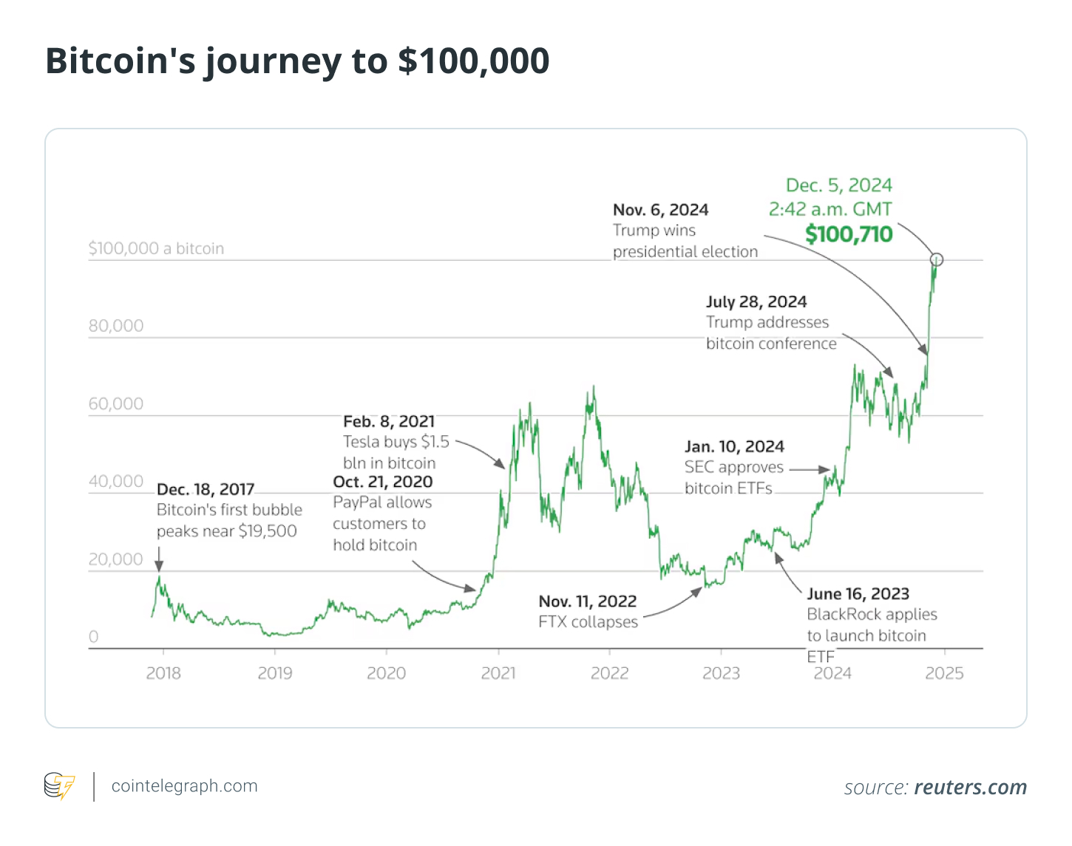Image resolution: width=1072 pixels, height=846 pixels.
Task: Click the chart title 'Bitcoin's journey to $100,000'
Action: (297, 61)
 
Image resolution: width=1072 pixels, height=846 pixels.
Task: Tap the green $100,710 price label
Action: (849, 234)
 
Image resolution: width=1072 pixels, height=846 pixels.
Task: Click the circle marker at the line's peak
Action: (937, 259)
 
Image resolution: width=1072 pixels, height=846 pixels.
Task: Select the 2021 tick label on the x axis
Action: (498, 673)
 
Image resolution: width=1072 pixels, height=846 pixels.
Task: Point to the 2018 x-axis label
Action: (163, 673)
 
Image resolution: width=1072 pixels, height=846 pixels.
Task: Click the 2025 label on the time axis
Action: (944, 673)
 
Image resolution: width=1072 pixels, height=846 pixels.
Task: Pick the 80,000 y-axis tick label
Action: (116, 326)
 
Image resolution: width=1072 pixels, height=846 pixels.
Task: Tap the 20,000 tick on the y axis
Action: (116, 559)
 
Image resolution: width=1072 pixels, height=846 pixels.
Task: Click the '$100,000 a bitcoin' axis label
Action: (156, 248)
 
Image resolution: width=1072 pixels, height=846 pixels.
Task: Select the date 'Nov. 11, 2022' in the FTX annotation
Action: (587, 601)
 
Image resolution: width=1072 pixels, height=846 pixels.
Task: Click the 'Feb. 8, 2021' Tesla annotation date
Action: (389, 421)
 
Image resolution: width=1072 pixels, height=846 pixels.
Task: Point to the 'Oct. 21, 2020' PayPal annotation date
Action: (383, 482)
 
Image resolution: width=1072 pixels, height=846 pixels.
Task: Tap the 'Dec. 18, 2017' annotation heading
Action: (206, 489)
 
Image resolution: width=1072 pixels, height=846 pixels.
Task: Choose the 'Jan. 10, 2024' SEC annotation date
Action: (734, 446)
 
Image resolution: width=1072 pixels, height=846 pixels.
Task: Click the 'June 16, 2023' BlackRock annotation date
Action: (858, 594)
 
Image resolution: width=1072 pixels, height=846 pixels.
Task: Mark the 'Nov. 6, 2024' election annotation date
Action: (660, 210)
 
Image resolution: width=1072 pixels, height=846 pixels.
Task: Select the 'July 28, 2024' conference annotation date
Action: (756, 301)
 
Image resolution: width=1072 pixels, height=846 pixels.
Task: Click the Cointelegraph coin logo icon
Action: (59, 786)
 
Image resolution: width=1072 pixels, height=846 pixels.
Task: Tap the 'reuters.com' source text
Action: (971, 788)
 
